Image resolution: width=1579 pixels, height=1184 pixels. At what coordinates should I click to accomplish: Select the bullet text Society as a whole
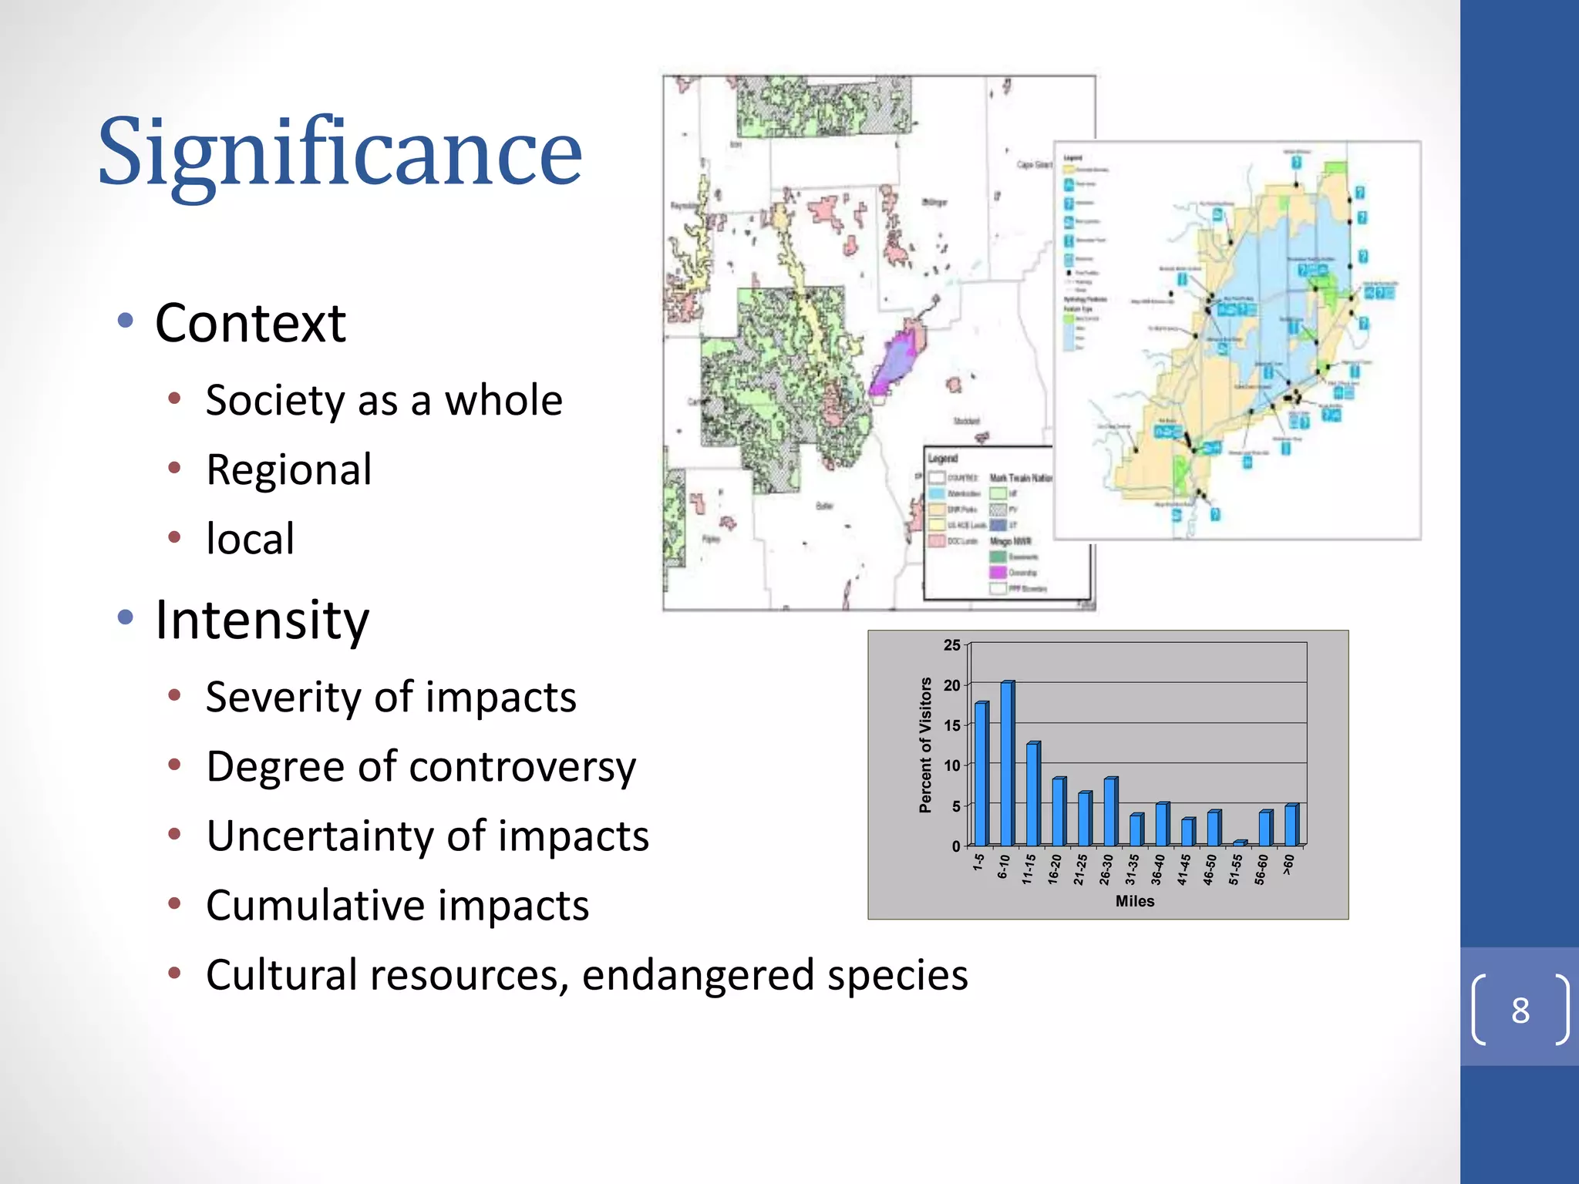point(383,400)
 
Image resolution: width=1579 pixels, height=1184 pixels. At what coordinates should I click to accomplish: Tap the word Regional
point(288,469)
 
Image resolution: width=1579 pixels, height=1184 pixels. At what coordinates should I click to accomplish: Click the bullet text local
point(249,539)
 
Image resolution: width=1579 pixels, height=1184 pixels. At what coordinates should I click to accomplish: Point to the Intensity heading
point(262,620)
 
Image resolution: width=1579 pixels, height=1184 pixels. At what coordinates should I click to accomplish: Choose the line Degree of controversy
point(420,766)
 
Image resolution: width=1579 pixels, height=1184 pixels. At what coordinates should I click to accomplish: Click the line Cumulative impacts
point(397,905)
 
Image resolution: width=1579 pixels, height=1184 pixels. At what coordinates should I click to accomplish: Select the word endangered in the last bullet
point(697,974)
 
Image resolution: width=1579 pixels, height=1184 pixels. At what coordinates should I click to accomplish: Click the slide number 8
point(1520,1010)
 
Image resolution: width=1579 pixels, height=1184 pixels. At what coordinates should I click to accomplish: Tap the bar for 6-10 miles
point(1006,763)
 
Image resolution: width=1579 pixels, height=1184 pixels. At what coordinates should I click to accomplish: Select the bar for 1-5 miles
point(980,774)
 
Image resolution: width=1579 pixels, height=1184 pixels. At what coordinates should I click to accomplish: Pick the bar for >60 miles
point(1290,825)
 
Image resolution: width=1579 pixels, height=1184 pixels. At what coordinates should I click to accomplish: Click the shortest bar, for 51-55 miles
point(1238,843)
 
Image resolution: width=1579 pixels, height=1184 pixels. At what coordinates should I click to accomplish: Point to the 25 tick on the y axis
point(951,645)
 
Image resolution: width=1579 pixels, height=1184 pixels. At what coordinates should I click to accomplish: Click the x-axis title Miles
point(1135,900)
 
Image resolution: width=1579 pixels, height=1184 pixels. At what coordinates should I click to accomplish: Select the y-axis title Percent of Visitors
point(925,745)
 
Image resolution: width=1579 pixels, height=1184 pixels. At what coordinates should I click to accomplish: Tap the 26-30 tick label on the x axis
point(1106,869)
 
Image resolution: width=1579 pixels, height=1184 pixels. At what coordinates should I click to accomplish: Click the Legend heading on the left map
point(942,458)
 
